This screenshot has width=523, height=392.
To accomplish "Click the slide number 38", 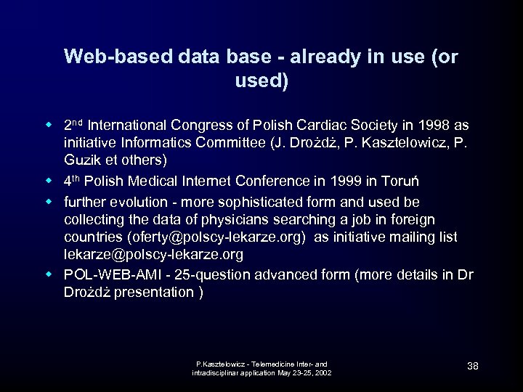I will point(472,366).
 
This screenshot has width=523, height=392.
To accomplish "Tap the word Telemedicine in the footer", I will point(280,363).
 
